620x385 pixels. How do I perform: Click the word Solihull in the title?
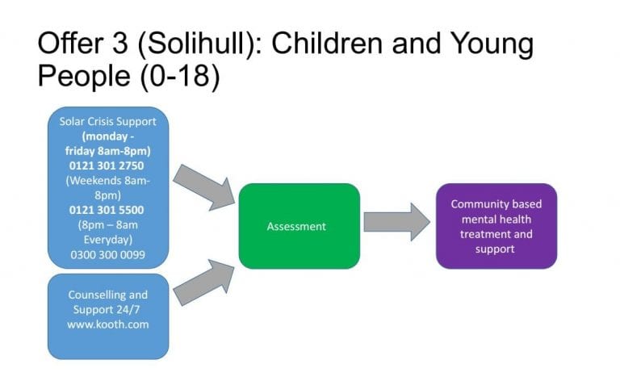point(195,43)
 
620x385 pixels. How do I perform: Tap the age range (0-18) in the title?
point(180,76)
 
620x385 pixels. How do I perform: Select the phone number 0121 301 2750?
point(107,165)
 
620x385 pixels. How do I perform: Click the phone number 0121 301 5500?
point(107,210)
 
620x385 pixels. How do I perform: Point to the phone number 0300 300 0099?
point(108,254)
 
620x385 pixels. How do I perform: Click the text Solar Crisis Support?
point(108,121)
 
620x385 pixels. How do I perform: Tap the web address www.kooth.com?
point(108,324)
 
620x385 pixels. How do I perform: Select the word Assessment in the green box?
point(296,227)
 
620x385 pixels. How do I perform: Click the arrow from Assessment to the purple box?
point(397,222)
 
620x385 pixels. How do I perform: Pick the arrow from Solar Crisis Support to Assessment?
point(204,187)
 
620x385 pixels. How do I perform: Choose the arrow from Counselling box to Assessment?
point(204,282)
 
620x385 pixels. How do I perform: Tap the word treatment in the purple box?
point(480,234)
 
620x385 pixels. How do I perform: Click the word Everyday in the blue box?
point(108,240)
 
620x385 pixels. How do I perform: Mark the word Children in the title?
point(327,43)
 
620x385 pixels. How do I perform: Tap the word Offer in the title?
point(71,43)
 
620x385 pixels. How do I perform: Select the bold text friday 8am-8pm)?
point(108,151)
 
